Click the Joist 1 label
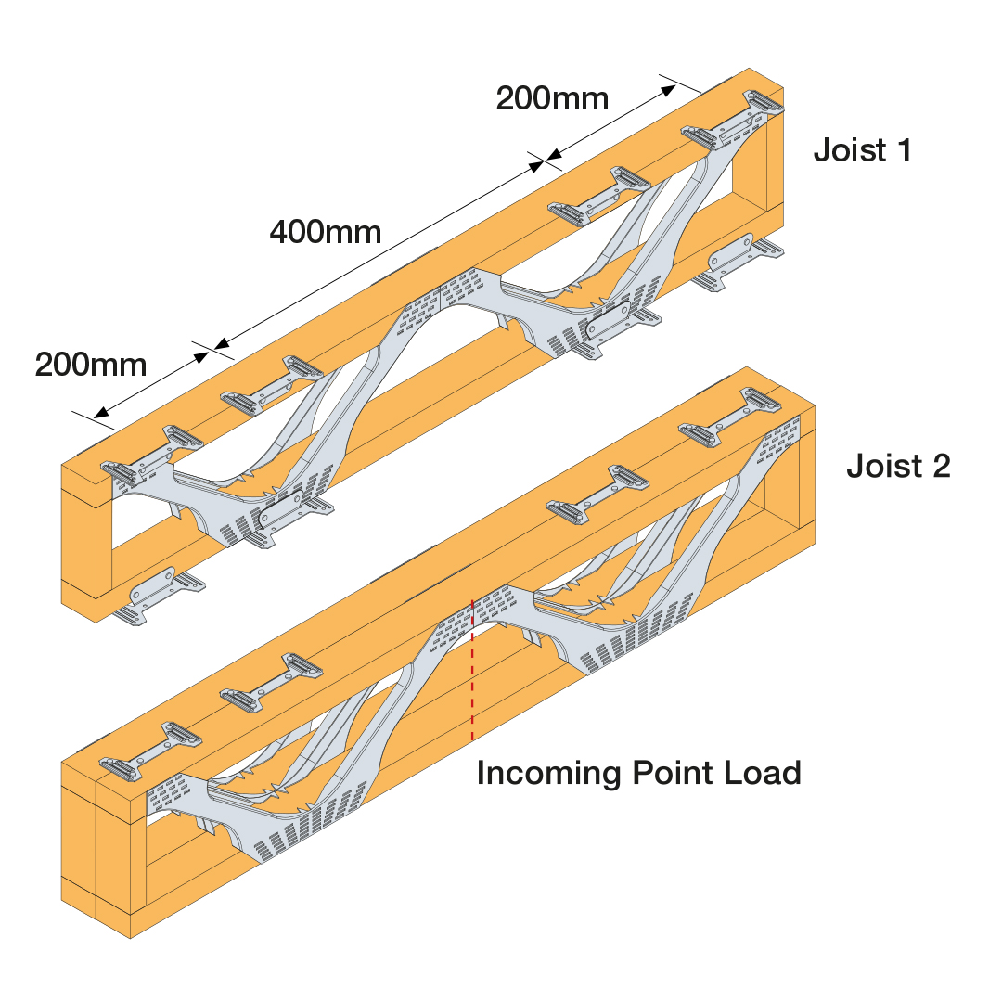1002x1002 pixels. coord(862,151)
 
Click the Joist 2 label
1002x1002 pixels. coord(898,466)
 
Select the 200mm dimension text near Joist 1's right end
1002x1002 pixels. coord(552,98)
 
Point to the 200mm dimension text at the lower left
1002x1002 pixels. coord(91,365)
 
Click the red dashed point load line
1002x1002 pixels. coord(472,670)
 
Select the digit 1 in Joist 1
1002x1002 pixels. coord(904,151)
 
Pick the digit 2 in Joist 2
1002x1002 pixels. coord(942,466)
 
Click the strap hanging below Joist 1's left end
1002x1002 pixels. coord(159,597)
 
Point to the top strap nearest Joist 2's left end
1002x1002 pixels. coord(151,751)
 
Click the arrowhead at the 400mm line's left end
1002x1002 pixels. coord(221,345)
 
